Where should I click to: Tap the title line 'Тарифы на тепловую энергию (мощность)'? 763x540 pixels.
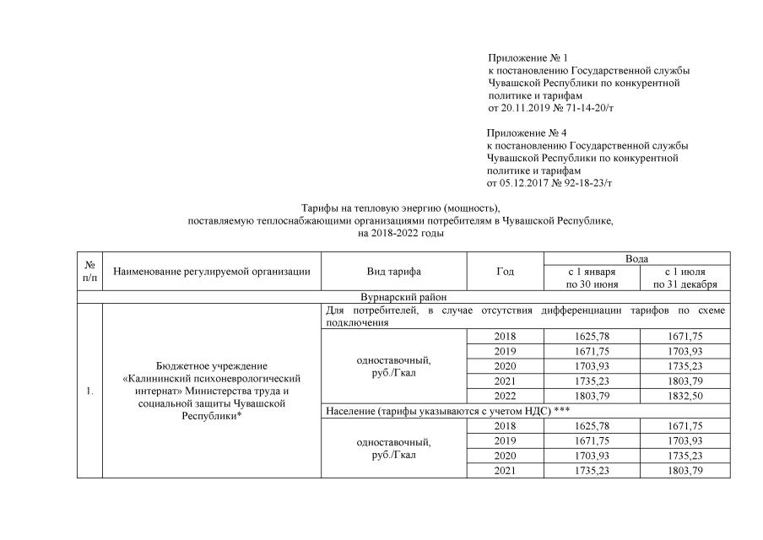click(x=401, y=208)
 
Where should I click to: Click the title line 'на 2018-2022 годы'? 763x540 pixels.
click(x=401, y=233)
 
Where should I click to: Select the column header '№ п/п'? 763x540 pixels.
click(x=89, y=271)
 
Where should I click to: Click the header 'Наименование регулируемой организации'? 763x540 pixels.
click(x=211, y=272)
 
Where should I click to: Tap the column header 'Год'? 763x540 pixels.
click(x=505, y=272)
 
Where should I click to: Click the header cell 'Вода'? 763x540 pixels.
click(x=636, y=258)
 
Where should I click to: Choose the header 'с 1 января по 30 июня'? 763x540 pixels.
click(x=591, y=278)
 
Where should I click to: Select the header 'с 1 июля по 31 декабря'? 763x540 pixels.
click(x=685, y=278)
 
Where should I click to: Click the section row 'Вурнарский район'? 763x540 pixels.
click(x=403, y=297)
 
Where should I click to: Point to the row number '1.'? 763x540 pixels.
click(x=89, y=391)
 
